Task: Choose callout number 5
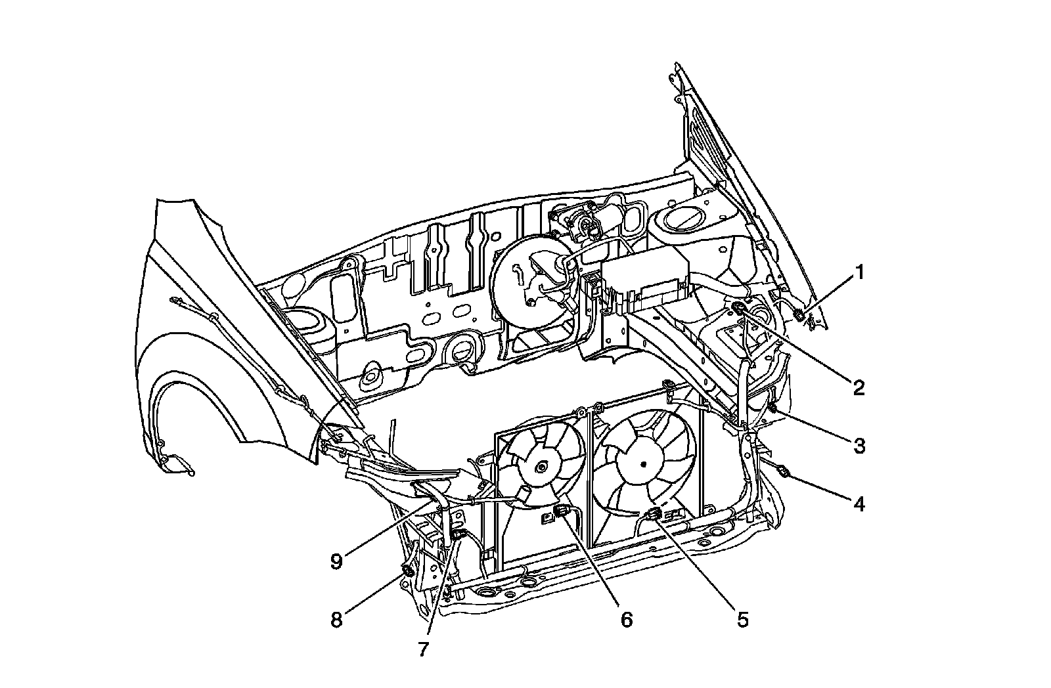743,619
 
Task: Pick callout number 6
626,619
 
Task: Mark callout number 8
336,620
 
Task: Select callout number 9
336,562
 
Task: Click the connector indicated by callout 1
800,316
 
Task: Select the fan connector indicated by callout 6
562,511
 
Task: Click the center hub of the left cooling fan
542,467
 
